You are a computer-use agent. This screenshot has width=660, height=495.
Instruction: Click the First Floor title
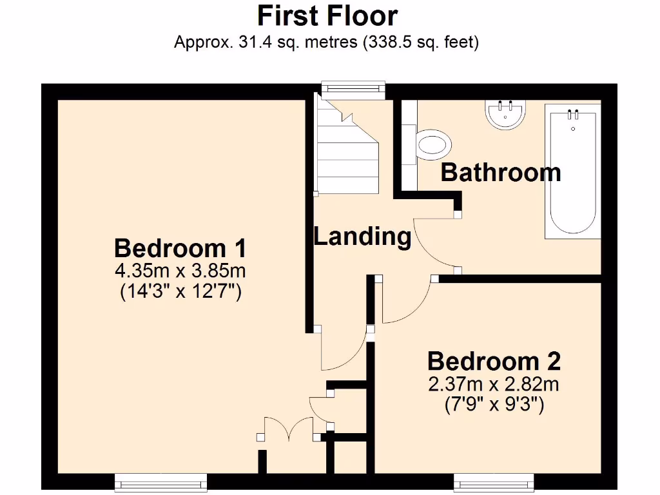[327, 15]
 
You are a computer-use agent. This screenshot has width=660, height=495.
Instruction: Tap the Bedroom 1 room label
[180, 248]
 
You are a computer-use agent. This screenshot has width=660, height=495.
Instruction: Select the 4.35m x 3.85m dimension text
[180, 269]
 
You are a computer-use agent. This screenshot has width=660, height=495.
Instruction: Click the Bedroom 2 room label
[494, 361]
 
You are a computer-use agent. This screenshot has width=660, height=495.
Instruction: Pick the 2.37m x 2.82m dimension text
[494, 385]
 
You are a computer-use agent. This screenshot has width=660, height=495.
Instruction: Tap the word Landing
[362, 237]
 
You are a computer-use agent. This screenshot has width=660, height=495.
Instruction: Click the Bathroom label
[500, 173]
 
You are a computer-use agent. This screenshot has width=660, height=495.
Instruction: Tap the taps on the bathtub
[572, 115]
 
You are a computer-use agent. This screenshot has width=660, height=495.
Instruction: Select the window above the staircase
[353, 90]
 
